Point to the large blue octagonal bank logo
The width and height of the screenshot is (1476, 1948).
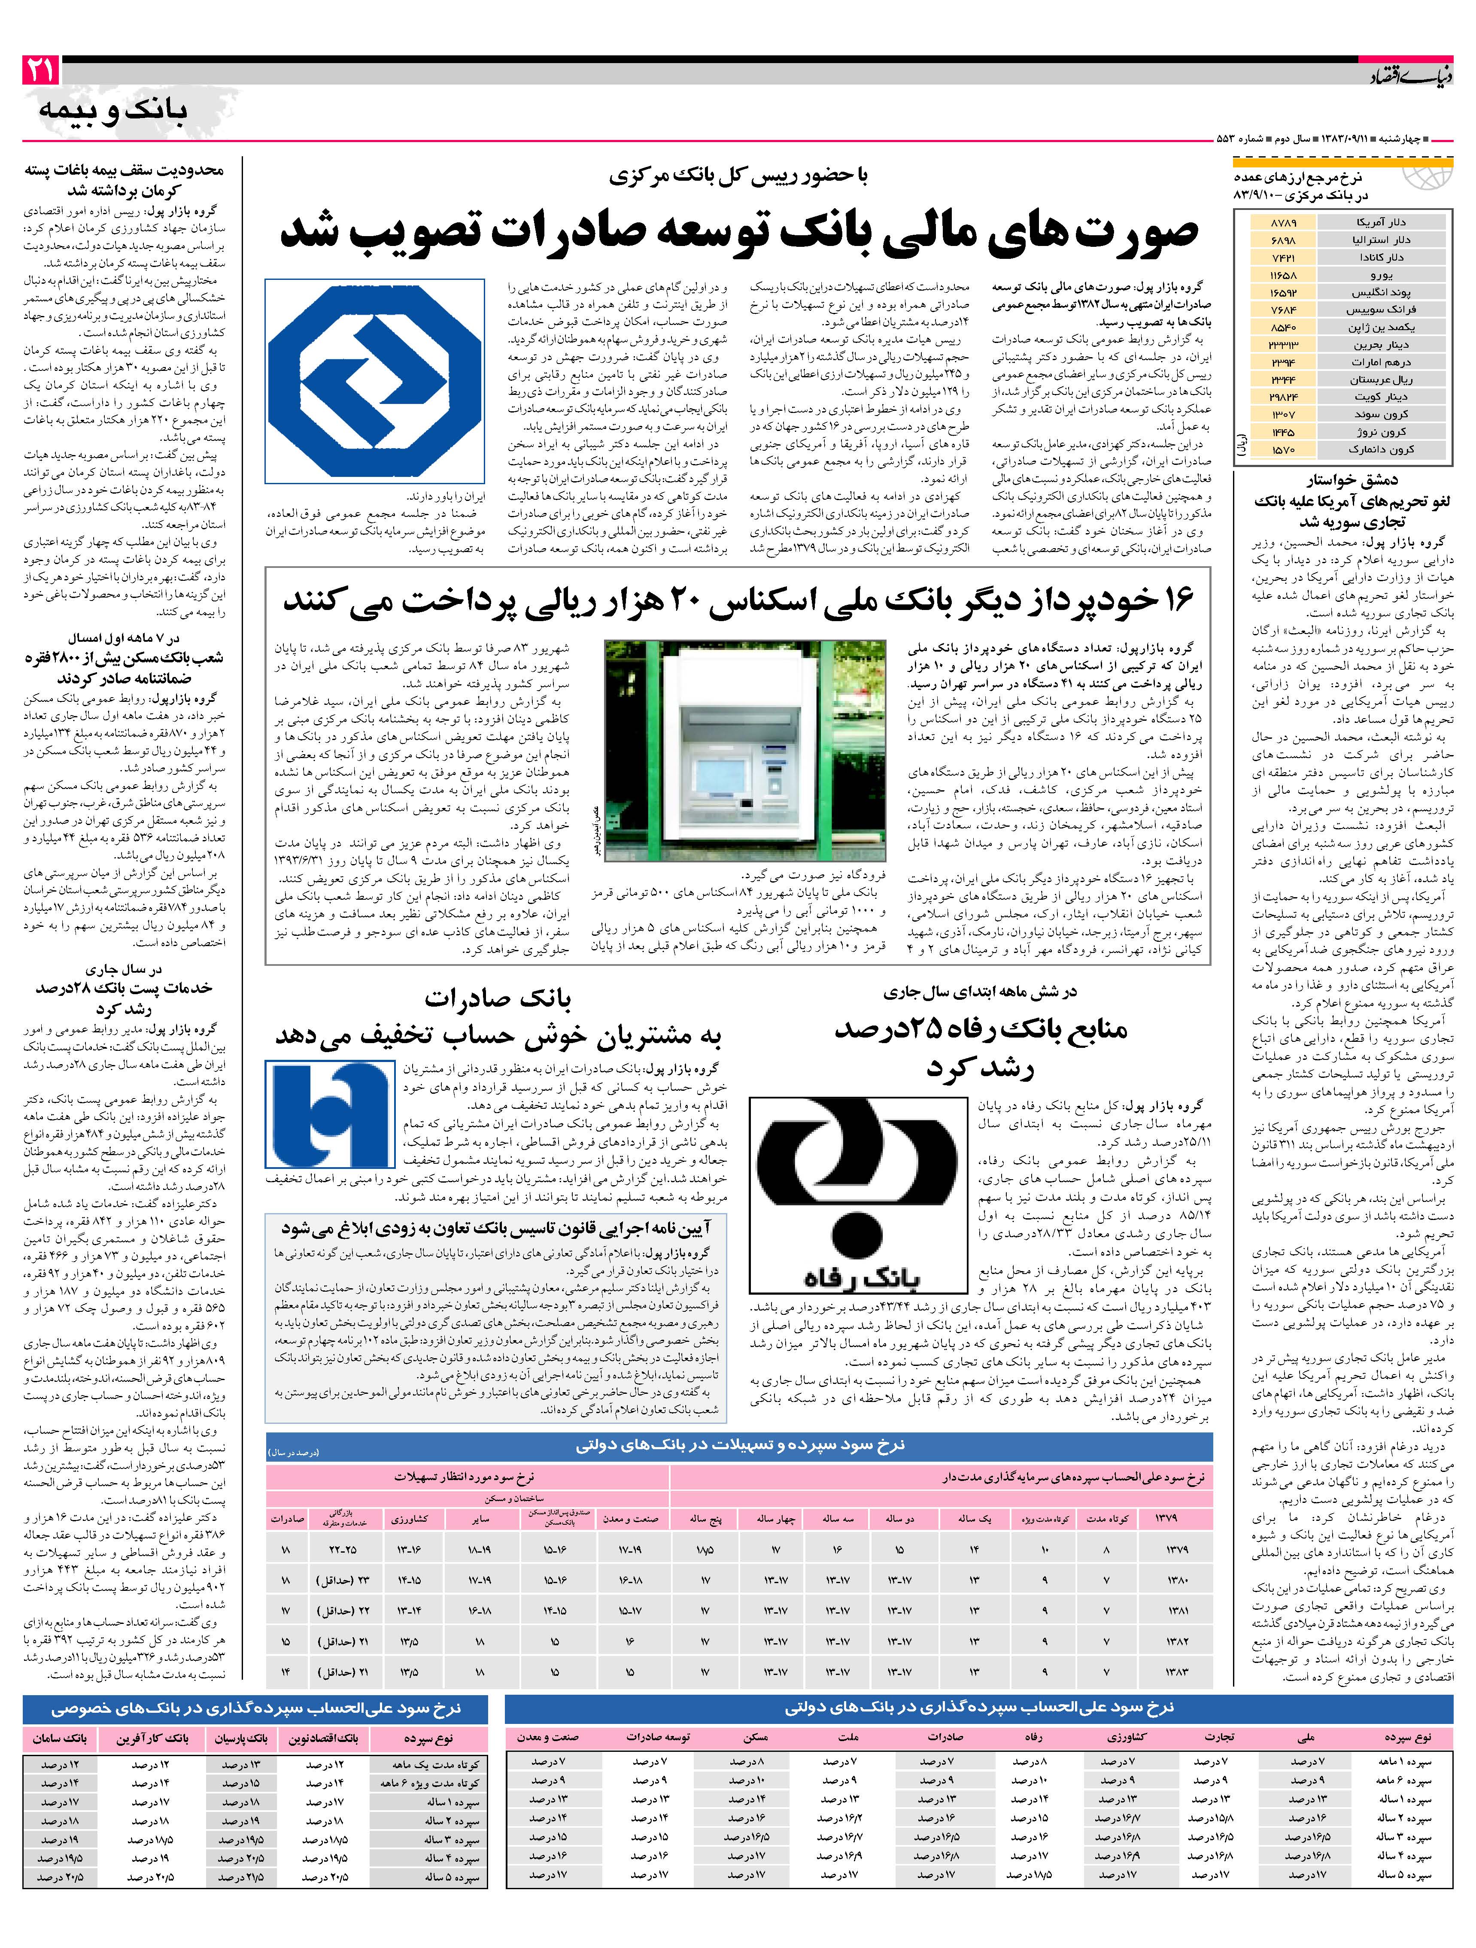pos(374,380)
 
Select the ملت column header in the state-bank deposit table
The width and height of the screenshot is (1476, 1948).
pos(847,1738)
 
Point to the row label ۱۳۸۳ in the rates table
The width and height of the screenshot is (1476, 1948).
pos(1177,1672)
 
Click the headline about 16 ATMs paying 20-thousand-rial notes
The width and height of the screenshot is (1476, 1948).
pos(738,601)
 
